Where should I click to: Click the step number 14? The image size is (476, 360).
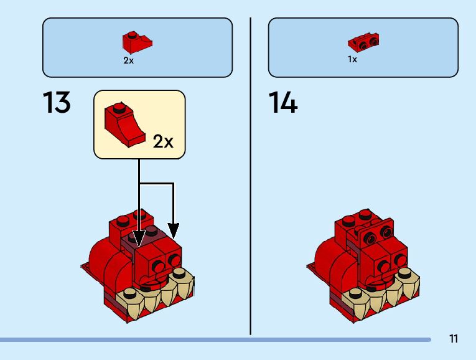[x=283, y=103]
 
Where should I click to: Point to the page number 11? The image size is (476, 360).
[x=453, y=339]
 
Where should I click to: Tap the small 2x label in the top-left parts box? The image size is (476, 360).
[x=128, y=60]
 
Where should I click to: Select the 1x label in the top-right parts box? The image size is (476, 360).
[x=352, y=60]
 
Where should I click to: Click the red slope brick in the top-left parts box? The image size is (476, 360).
[x=137, y=42]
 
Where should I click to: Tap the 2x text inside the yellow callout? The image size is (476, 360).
[x=163, y=141]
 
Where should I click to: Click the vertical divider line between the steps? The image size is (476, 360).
[x=251, y=174]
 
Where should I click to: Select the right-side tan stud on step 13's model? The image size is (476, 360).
[x=180, y=272]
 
